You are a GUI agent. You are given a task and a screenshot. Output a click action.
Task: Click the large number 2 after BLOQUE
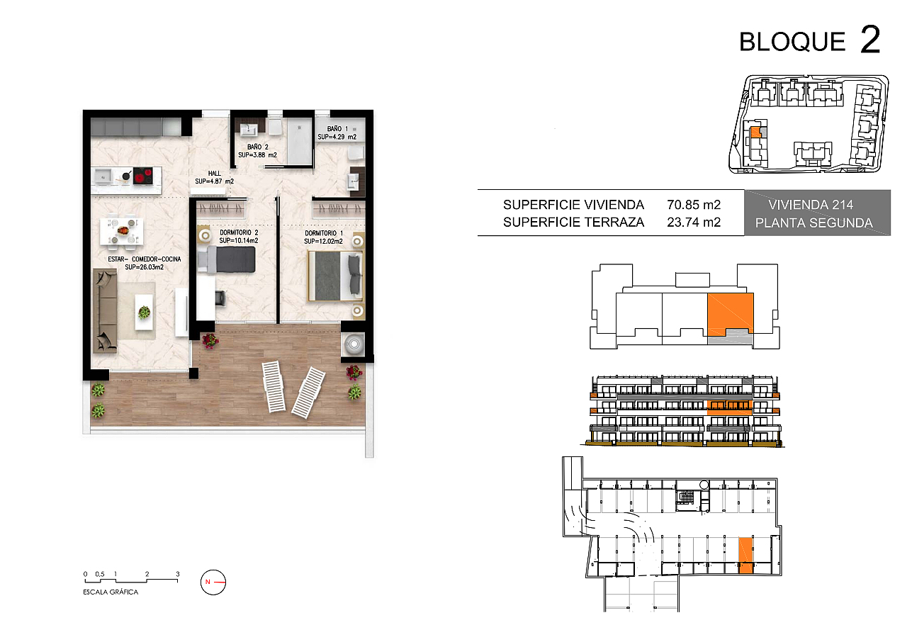(870, 39)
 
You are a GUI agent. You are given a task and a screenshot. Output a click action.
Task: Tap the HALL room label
(215, 174)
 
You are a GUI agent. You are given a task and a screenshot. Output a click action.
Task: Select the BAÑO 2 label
(258, 147)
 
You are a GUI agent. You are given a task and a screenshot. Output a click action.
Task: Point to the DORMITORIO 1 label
(324, 233)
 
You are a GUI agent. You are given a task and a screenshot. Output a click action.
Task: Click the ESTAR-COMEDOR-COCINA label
(144, 259)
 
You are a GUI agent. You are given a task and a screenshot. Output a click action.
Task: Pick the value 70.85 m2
(694, 205)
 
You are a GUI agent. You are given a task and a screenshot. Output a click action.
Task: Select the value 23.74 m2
(694, 223)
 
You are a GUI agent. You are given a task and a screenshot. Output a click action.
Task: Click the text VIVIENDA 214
(811, 205)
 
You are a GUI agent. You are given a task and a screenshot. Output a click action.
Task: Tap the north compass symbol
(213, 582)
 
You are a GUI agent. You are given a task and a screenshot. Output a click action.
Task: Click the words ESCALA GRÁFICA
(111, 592)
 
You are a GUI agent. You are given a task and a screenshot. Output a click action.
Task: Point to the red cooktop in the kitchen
(143, 176)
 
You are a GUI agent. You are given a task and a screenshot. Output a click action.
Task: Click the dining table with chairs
(122, 232)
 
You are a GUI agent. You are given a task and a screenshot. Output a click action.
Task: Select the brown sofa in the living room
(106, 310)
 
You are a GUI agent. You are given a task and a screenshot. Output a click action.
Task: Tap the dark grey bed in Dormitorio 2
(227, 260)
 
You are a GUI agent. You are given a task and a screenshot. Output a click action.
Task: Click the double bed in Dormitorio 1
(335, 276)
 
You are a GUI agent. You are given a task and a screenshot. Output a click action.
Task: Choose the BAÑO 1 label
(337, 129)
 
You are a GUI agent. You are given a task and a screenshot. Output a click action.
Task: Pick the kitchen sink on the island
(103, 176)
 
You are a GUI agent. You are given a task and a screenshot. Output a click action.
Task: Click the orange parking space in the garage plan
(746, 556)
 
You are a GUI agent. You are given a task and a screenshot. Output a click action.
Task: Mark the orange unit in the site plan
(755, 133)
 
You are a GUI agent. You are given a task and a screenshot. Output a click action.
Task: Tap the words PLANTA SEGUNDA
(814, 223)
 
